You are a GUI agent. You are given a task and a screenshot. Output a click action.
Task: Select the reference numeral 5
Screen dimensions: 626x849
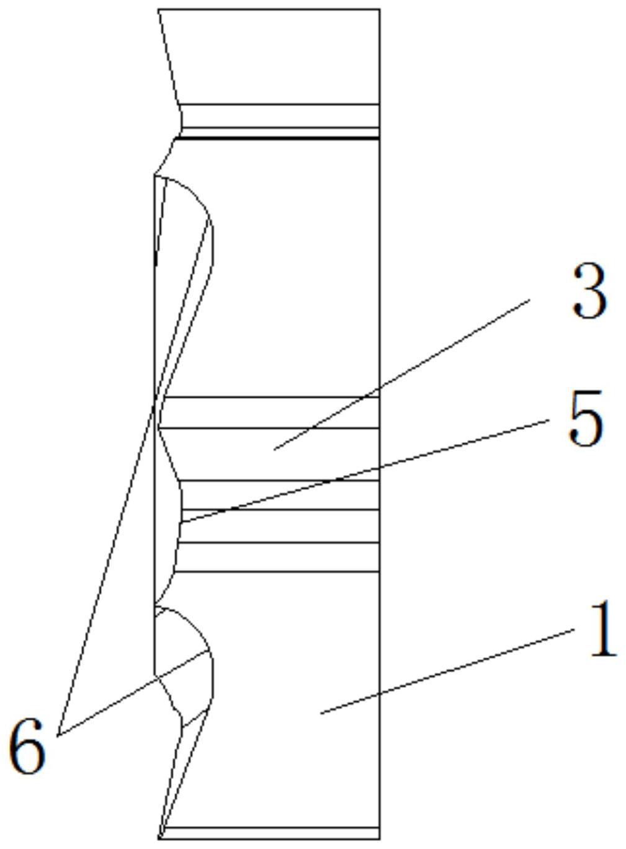point(585,419)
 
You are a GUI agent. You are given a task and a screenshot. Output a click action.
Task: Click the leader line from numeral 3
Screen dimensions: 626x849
point(403,373)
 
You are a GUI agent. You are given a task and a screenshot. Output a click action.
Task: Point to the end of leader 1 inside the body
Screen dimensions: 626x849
point(320,713)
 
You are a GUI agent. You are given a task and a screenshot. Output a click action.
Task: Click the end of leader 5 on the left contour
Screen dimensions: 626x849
point(181,522)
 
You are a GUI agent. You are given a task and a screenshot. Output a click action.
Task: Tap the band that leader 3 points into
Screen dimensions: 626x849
point(273,453)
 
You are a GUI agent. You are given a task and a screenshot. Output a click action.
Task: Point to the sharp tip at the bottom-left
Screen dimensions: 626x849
point(161,837)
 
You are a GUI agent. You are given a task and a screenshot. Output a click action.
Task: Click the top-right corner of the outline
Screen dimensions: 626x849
point(379,9)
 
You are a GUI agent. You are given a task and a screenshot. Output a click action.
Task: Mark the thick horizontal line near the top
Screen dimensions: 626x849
point(279,138)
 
